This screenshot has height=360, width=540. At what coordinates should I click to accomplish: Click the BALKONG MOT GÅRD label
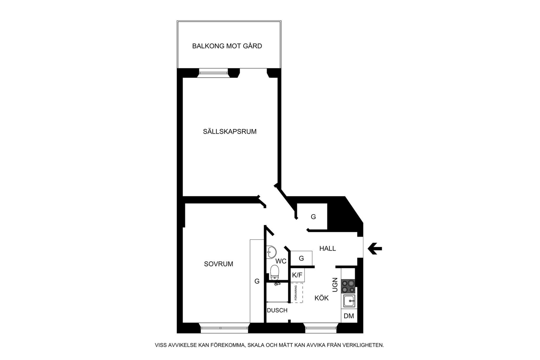pos(227,46)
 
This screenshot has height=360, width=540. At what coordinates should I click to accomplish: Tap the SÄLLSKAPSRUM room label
pos(230,131)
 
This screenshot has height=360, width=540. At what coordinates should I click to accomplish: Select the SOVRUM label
pos(219,264)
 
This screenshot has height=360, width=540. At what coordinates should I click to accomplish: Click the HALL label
pos(327,248)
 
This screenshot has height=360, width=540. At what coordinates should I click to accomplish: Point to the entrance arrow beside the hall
pos(375,249)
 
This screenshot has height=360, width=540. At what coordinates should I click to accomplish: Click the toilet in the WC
pos(275,272)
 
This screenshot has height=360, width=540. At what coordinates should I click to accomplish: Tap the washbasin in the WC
pos(271,252)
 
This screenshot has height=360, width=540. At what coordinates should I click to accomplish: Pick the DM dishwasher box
pos(349,316)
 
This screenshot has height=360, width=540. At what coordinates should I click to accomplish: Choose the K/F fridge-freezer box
pos(297,275)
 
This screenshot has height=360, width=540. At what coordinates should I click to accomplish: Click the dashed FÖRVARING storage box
pos(297,293)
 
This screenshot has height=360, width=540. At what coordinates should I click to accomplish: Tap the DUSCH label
pos(277,310)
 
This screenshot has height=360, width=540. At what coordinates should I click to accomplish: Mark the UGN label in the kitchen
pos(335,285)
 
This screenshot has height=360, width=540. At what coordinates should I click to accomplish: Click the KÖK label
pos(322,298)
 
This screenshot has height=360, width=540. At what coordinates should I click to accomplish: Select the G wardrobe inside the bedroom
pos(257,281)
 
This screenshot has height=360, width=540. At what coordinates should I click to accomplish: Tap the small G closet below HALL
pos(301,258)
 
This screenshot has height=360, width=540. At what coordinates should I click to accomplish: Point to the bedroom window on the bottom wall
pos(224,328)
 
